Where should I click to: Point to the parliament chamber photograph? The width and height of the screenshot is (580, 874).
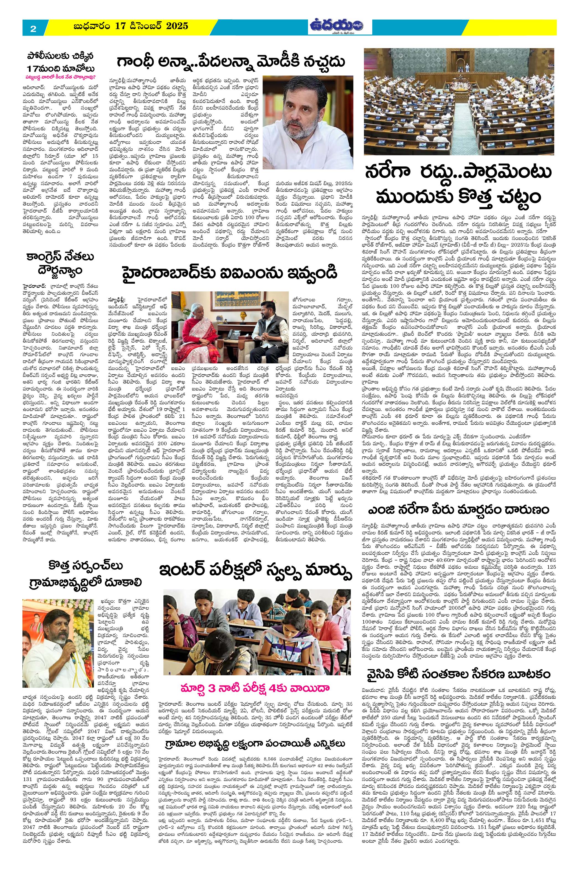459,101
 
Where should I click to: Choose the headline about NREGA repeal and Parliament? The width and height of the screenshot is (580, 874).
459,185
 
